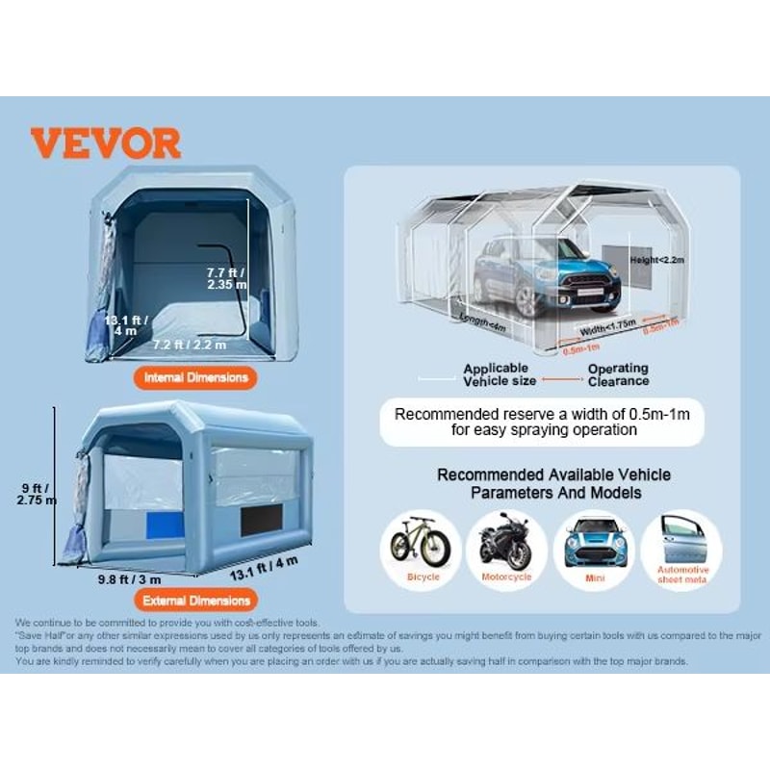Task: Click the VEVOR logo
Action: click(x=105, y=143)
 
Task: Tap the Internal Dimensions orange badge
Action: click(x=195, y=377)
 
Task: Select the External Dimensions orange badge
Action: click(x=195, y=601)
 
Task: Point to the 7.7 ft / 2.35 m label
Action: click(x=227, y=278)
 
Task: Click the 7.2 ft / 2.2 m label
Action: click(x=190, y=345)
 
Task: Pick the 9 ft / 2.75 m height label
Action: click(x=36, y=492)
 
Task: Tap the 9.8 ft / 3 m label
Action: click(x=129, y=579)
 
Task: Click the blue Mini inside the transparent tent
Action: click(x=546, y=273)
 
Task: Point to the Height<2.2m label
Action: click(x=657, y=260)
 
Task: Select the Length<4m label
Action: click(x=482, y=322)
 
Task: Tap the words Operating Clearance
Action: click(x=618, y=374)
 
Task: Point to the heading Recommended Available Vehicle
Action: click(x=553, y=475)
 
